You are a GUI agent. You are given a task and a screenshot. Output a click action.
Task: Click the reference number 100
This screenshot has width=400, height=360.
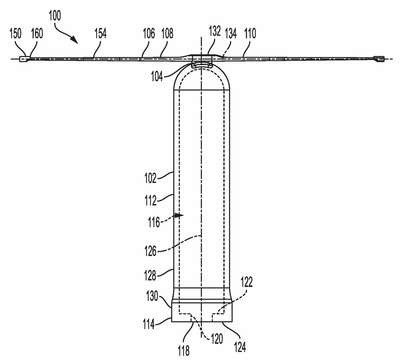point(55,15)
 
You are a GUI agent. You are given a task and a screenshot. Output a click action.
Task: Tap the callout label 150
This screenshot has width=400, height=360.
point(16,33)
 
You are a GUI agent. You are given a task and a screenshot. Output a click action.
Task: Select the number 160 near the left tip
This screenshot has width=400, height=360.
point(37,33)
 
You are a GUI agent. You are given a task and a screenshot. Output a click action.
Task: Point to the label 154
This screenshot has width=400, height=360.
point(100,33)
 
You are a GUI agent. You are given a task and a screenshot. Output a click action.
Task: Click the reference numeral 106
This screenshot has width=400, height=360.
point(149,33)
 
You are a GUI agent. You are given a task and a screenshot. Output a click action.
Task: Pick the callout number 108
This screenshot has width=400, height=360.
point(167,33)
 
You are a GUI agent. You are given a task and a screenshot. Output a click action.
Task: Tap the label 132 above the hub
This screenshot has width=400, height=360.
point(215,31)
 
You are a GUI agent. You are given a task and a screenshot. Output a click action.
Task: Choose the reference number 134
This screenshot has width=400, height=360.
point(231,33)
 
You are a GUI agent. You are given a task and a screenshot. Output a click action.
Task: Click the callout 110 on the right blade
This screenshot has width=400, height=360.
point(250,33)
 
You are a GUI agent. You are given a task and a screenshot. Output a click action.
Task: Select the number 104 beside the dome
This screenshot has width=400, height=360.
point(157,76)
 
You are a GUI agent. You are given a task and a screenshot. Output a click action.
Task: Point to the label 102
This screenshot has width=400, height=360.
point(150,178)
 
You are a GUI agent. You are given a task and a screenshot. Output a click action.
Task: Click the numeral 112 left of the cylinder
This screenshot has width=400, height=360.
point(150,201)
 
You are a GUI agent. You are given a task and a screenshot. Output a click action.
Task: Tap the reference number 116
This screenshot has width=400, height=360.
point(154,222)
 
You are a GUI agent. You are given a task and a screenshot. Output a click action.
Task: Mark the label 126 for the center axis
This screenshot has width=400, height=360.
point(150,251)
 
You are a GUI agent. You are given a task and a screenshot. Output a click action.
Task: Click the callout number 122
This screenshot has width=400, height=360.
point(246,282)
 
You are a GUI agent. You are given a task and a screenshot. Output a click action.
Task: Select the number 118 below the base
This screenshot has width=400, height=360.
point(183,350)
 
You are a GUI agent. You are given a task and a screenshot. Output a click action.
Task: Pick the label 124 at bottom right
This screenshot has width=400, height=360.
point(240,347)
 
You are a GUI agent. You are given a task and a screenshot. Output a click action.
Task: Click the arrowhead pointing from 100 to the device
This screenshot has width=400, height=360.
point(75,40)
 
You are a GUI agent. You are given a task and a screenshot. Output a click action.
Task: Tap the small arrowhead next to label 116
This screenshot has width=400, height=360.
point(180,215)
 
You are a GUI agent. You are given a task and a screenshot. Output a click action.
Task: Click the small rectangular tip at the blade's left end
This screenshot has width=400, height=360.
point(23,59)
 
